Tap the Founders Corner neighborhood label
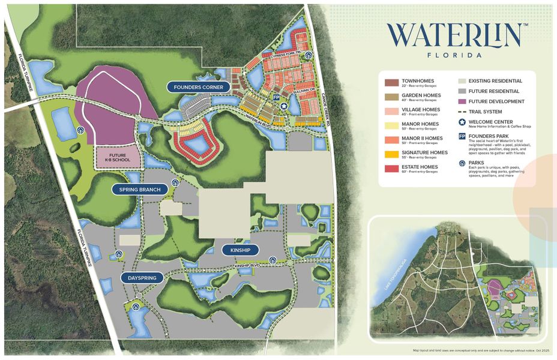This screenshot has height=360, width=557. [199, 87]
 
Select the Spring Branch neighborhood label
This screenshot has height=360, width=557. [140, 190]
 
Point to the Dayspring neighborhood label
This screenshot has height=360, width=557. [142, 278]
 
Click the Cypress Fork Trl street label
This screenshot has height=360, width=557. [284, 55]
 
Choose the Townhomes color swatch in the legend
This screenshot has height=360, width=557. [391, 82]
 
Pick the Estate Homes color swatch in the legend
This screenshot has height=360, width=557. [391, 169]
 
